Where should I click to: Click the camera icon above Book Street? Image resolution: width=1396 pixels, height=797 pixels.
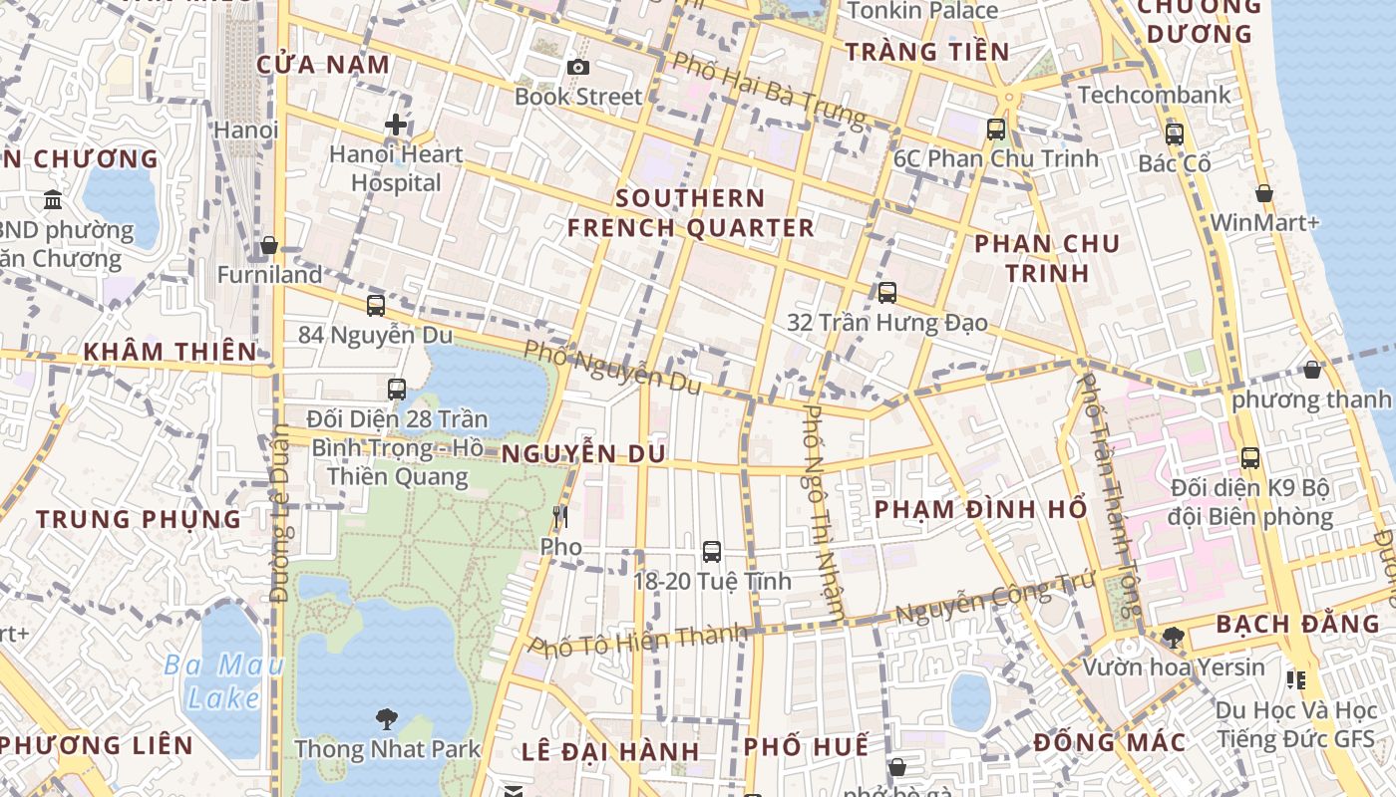coord(576,67)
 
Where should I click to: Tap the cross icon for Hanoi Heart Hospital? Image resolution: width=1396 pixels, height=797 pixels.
coord(396,125)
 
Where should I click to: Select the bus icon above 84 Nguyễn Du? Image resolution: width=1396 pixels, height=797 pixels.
coord(376,306)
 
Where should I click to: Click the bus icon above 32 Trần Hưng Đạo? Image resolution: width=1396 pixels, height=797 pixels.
coord(886,292)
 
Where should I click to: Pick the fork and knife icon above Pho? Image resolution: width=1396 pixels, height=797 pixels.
coord(560,516)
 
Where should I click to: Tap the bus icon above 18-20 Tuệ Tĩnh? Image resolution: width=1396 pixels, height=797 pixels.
coord(712,551)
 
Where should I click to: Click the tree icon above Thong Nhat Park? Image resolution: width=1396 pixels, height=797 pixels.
coord(387,718)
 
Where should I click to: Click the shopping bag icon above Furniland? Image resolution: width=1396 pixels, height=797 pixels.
coord(269,245)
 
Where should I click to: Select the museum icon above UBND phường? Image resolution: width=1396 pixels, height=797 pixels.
coord(53,199)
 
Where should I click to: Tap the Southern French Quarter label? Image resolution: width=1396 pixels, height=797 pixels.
coord(691,212)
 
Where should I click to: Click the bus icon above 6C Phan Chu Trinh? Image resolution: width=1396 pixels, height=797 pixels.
coord(995,129)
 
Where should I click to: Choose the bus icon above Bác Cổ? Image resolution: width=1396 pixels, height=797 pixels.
coord(1174,133)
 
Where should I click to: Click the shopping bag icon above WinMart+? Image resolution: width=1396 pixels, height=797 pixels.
coord(1263,193)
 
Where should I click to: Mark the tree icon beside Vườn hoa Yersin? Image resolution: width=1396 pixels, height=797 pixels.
coord(1174,637)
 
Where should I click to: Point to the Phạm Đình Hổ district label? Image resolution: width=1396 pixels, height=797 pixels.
coord(980,509)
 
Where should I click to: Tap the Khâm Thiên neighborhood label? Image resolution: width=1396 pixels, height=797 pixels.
coord(171,352)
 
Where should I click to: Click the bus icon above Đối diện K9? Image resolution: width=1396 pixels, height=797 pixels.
coord(1250,458)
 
